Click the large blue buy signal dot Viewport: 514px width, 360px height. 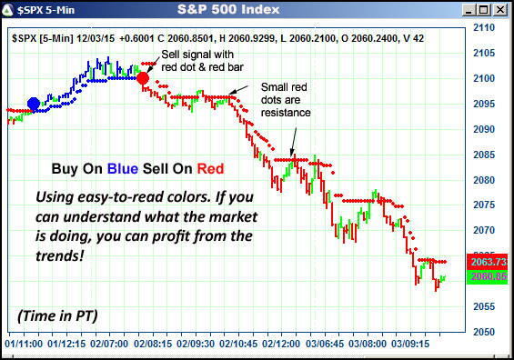34,105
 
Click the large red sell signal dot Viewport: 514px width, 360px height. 143,79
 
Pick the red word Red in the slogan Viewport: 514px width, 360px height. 210,168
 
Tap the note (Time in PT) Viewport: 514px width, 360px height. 56,315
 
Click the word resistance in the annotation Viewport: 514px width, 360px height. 286,114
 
